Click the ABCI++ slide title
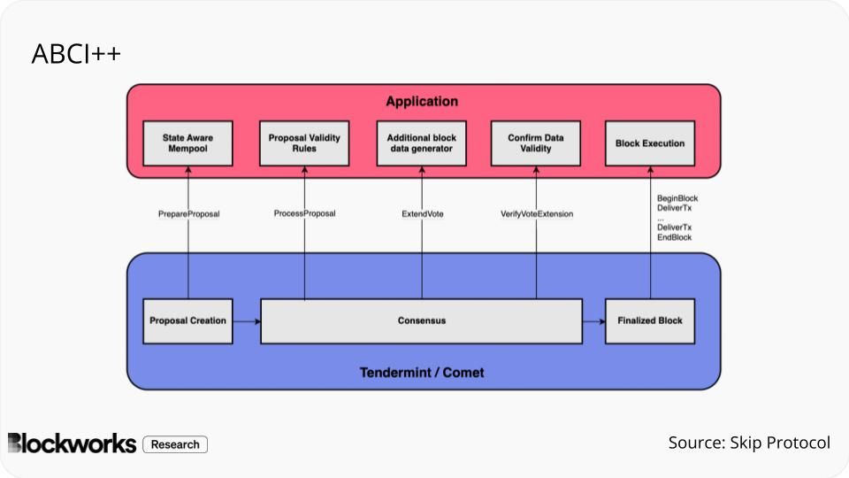click(x=76, y=55)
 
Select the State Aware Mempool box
click(x=187, y=143)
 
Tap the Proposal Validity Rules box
click(x=304, y=143)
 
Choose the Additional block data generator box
click(x=421, y=143)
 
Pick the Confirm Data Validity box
click(x=536, y=143)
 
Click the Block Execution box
click(x=650, y=143)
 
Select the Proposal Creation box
click(x=187, y=320)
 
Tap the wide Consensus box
click(x=421, y=320)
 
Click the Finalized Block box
click(x=650, y=320)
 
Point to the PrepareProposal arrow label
click(x=188, y=213)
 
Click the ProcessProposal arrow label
click(x=304, y=213)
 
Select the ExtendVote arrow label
click(x=422, y=213)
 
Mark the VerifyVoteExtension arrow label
click(x=537, y=213)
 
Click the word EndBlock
click(x=674, y=237)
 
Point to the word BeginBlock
click(x=677, y=198)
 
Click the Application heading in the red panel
click(x=422, y=102)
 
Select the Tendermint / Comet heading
click(x=422, y=372)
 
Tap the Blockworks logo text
click(x=73, y=443)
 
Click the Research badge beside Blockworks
click(x=175, y=444)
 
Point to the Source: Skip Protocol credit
click(x=749, y=443)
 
